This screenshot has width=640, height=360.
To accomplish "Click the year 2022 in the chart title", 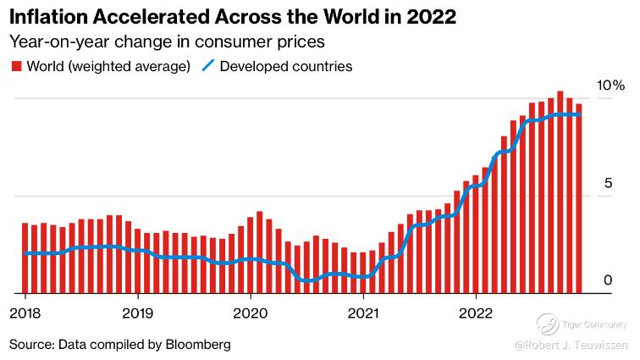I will coord(432,16).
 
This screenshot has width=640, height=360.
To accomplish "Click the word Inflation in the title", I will coord(50,16).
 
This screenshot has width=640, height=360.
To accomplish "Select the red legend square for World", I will coord(15,66).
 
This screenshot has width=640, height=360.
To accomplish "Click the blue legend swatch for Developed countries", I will coord(208,66).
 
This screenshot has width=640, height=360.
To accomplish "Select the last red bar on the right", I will coord(579,199).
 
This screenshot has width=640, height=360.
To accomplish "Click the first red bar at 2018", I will coord(25,258).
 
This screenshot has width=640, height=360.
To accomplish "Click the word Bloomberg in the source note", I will coord(198,345).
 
